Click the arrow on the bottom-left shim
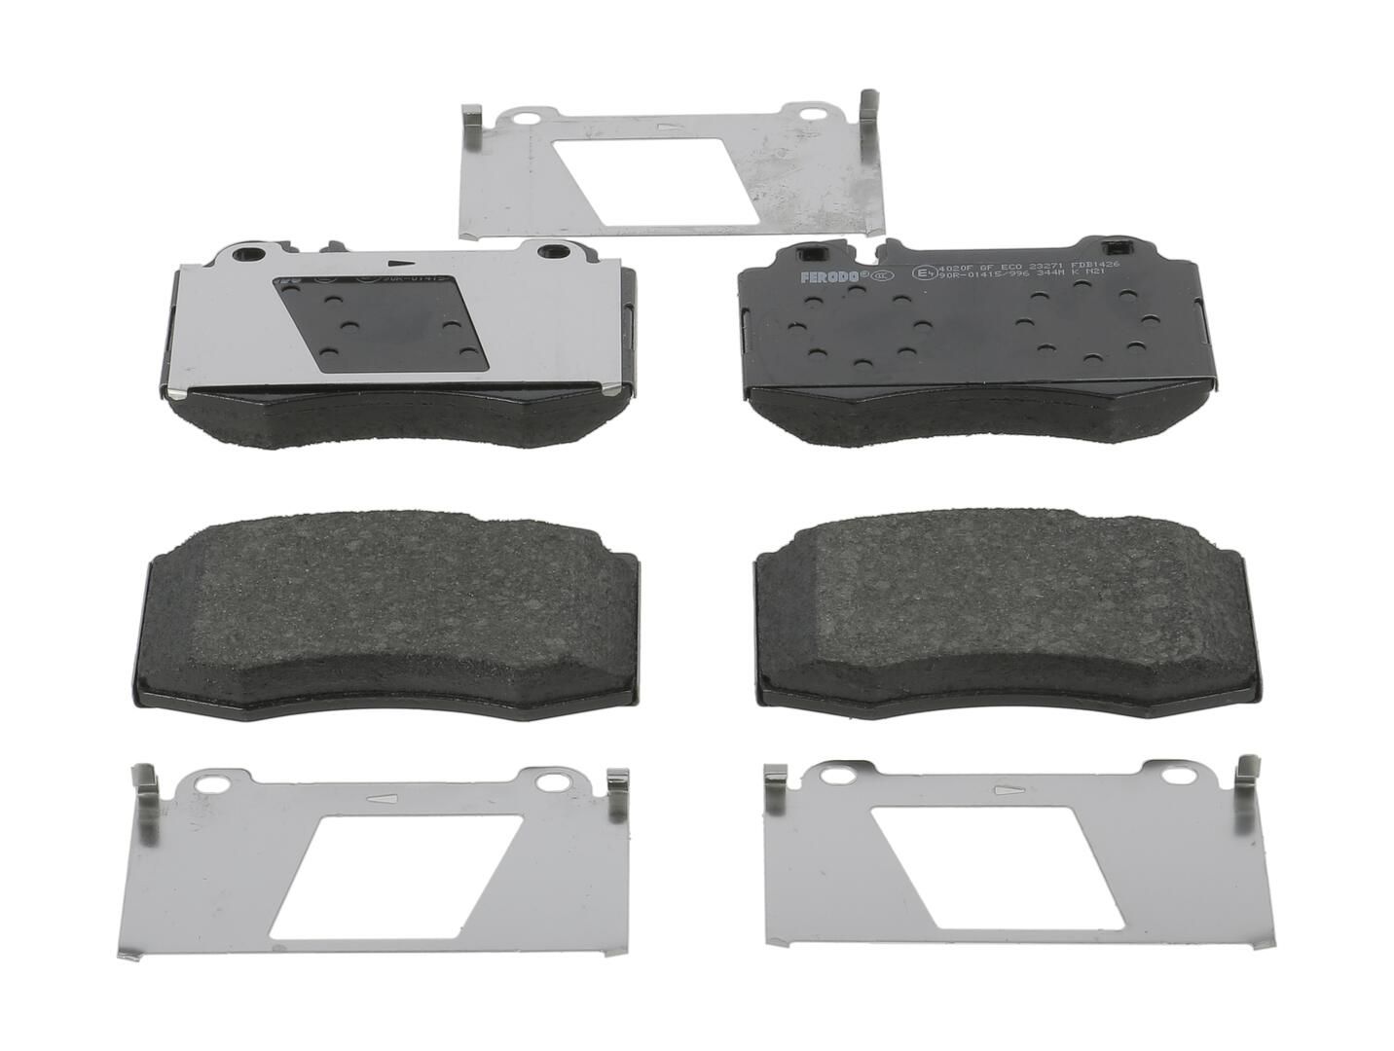pos(382,798)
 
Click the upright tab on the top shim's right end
pos(865,107)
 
